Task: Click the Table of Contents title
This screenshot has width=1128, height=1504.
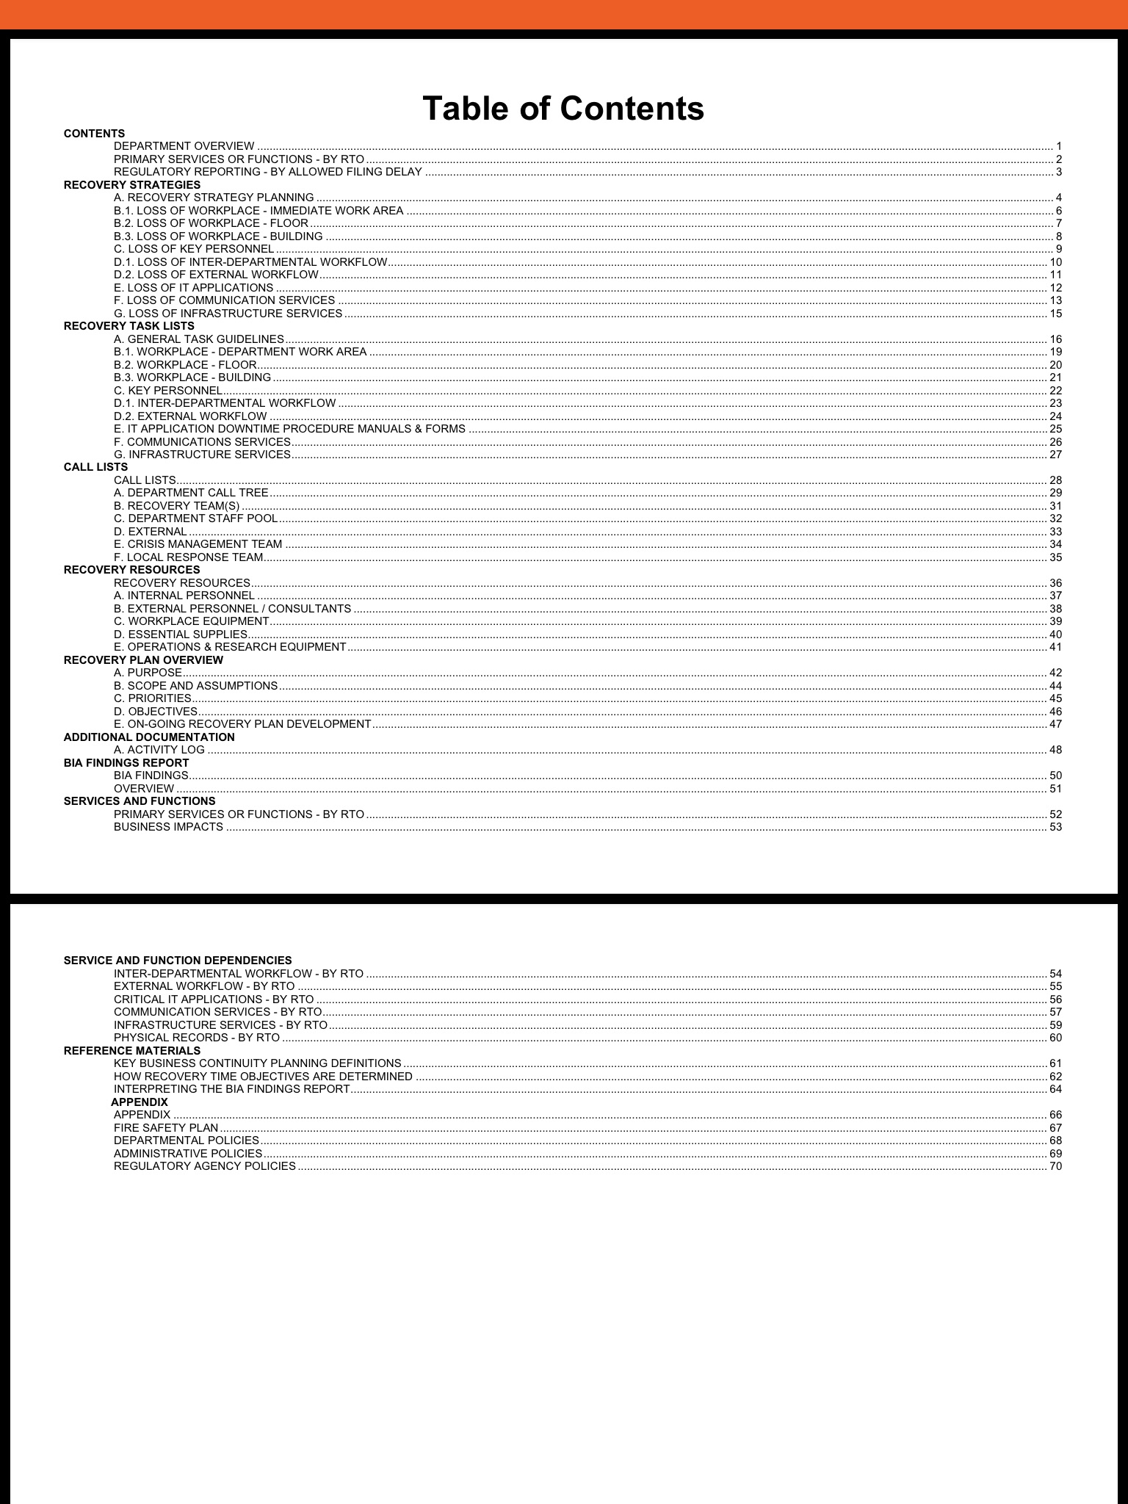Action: coord(563,109)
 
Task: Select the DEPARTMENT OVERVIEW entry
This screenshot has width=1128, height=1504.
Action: coord(184,146)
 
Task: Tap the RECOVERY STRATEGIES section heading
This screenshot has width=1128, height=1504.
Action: coord(132,185)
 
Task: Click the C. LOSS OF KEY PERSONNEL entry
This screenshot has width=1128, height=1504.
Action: coord(194,249)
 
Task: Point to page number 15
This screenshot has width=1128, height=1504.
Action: coord(1055,314)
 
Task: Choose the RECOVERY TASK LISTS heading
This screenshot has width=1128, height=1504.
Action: coord(129,326)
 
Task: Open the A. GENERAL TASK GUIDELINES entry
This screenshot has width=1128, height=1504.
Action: coord(199,339)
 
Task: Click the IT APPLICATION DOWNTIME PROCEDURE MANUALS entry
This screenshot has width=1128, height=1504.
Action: coord(289,429)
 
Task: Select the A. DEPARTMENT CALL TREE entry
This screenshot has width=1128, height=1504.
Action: coord(191,493)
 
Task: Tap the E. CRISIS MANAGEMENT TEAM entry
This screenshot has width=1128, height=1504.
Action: coord(198,544)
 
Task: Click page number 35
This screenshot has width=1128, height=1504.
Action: coord(1055,557)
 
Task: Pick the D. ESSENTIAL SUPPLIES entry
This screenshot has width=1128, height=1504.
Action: coord(181,634)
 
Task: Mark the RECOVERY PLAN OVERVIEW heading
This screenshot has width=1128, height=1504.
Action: coord(143,660)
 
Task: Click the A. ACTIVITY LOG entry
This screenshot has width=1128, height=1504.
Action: coord(159,750)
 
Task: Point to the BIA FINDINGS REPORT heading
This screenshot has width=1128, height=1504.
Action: coord(126,763)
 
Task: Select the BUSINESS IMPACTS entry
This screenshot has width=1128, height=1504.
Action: coord(168,827)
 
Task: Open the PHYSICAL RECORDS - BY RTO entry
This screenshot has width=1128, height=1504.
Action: coord(197,1038)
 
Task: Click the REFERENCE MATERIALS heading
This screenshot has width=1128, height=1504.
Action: coord(132,1051)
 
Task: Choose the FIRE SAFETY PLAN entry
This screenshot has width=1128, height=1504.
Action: coord(166,1128)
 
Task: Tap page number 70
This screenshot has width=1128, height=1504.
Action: coord(1055,1166)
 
